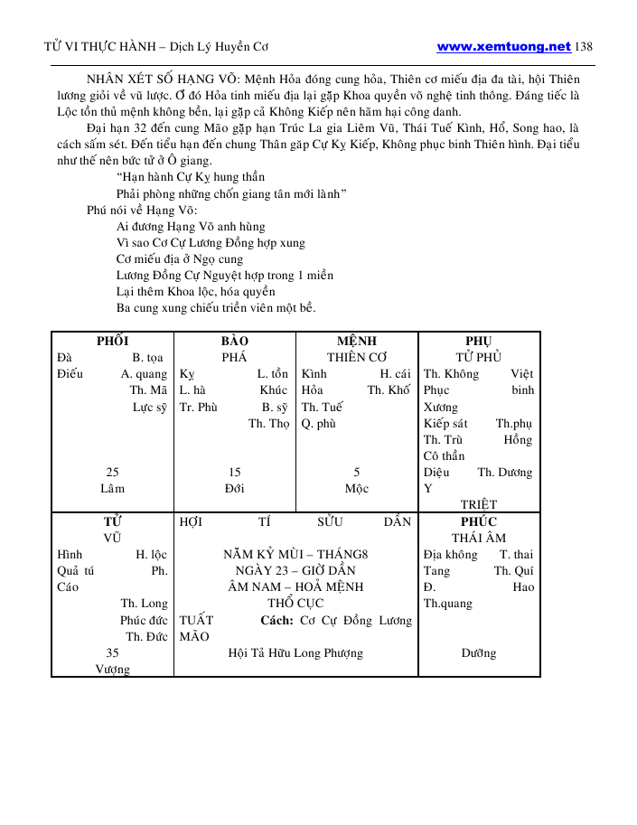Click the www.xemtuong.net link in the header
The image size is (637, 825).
(x=503, y=46)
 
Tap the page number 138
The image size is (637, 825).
(x=583, y=46)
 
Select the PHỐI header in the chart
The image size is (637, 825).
(x=112, y=341)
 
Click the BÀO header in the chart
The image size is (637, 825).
(x=234, y=341)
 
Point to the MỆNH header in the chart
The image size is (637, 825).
(x=357, y=341)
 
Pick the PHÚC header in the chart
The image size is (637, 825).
(x=479, y=521)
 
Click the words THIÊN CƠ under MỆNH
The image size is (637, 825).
(x=357, y=357)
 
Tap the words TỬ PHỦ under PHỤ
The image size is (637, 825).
(x=479, y=357)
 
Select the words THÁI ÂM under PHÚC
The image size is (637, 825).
(x=479, y=538)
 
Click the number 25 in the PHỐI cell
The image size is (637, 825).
(x=112, y=472)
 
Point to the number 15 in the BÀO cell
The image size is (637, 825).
(x=234, y=472)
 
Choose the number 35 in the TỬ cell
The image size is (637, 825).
(x=112, y=652)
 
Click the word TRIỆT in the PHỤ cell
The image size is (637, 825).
(x=479, y=504)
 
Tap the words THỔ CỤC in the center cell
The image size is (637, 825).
(x=295, y=603)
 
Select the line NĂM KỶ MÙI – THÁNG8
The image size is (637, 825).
(x=295, y=554)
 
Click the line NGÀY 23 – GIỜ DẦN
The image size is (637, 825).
(x=295, y=570)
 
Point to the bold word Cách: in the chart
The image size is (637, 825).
(x=276, y=620)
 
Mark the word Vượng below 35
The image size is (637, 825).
(x=112, y=670)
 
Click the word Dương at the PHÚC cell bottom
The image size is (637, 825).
(x=479, y=652)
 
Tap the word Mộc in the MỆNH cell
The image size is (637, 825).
(x=357, y=488)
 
